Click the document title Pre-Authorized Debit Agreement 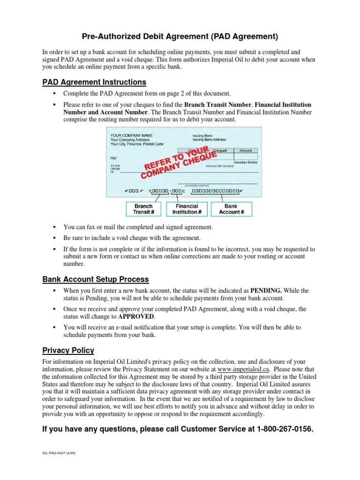[x=180, y=36]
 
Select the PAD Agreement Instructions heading [x=94, y=82]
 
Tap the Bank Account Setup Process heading [x=96, y=279]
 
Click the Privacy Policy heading [x=68, y=350]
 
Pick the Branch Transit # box [x=143, y=209]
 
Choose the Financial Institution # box [x=187, y=209]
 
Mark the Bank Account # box [x=231, y=209]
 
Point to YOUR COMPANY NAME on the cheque [x=131, y=135]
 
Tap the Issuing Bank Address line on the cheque [x=209, y=140]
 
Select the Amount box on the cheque [x=246, y=151]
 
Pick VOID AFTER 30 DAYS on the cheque [x=219, y=166]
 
